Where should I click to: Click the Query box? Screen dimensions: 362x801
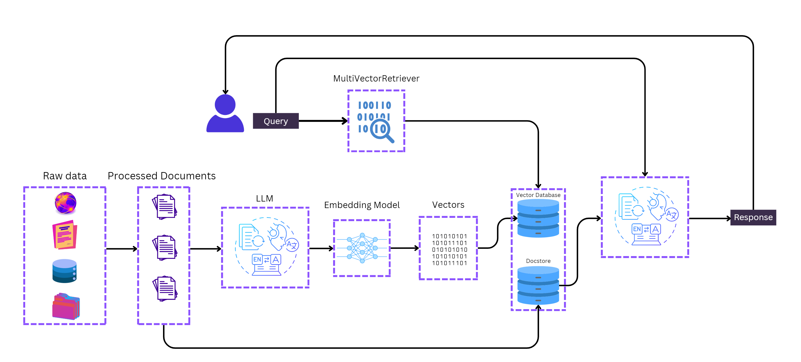click(275, 121)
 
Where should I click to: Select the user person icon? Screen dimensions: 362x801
click(225, 113)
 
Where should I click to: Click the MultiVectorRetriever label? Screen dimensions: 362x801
click(376, 78)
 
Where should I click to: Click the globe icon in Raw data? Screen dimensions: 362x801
click(65, 203)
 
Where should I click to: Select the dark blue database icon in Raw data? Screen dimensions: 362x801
click(64, 271)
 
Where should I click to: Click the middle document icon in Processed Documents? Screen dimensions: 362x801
click(165, 248)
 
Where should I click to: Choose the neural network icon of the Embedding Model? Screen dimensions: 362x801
click(362, 248)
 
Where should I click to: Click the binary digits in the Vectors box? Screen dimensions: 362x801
click(449, 249)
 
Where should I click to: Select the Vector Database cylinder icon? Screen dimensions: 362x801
click(538, 218)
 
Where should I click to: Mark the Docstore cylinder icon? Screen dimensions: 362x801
click(538, 285)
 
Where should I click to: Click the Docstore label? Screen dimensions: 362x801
click(538, 261)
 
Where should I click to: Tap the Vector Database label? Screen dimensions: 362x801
click(538, 195)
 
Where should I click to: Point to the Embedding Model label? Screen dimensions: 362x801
click(362, 205)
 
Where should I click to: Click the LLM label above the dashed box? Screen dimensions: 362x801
click(264, 198)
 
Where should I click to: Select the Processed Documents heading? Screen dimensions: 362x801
click(161, 176)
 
